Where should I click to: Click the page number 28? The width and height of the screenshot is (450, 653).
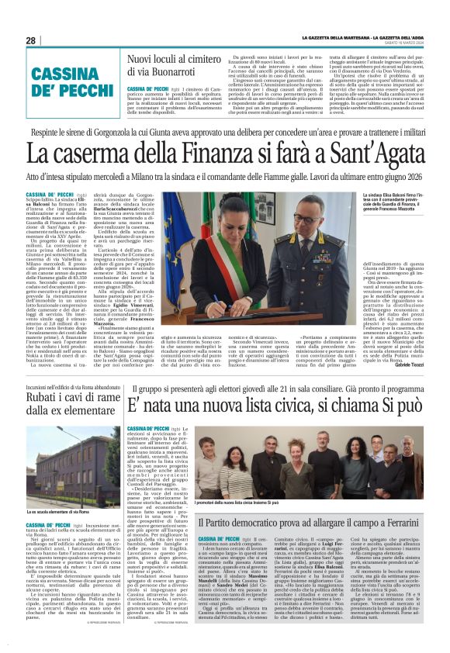pos(30,40)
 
